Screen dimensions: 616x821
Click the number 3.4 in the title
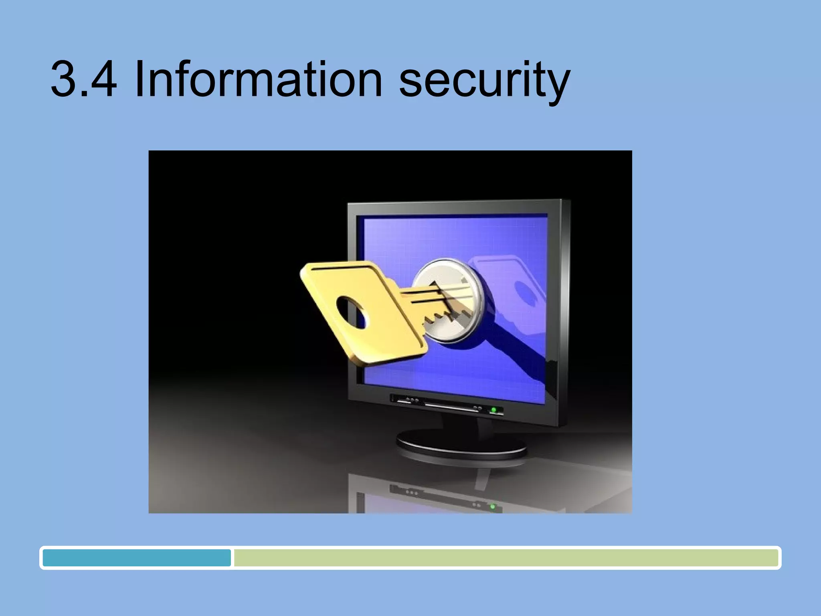(84, 79)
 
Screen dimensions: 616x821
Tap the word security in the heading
(484, 82)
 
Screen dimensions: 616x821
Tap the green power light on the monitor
(494, 409)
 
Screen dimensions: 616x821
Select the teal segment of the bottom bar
(136, 558)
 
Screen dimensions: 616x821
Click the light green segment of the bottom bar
(505, 558)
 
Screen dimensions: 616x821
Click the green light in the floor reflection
(493, 507)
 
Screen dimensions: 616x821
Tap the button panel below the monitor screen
(445, 404)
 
